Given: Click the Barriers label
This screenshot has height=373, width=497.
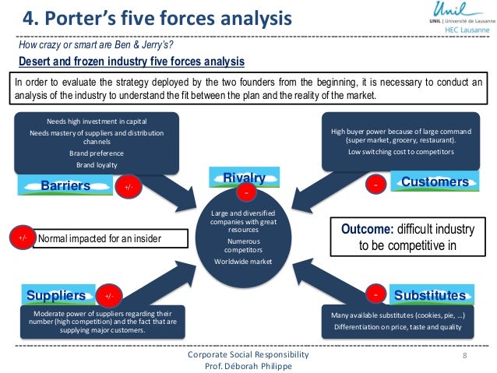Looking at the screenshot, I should tap(66, 186).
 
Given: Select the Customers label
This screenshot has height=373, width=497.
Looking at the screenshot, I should tap(435, 182).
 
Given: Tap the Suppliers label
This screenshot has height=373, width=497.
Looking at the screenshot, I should tap(56, 296).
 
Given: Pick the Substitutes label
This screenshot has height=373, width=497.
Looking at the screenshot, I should tap(430, 296).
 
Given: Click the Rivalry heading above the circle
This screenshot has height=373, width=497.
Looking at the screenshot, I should tap(245, 178).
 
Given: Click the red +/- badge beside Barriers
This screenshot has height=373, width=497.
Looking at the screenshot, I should tap(128, 187).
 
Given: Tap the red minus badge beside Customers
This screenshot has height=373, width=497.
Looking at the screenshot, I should tap(376, 185).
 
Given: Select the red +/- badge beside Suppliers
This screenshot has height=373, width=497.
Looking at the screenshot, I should tap(109, 296).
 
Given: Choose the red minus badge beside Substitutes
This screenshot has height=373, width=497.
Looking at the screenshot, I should tap(376, 295).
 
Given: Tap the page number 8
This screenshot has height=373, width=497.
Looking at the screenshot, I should tap(464, 355).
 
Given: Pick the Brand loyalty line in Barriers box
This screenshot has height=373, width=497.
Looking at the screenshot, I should tap(97, 165).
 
